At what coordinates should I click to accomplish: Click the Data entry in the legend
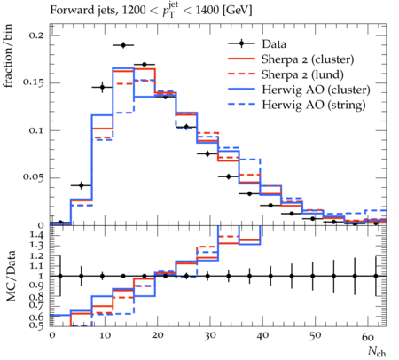pos(274,44)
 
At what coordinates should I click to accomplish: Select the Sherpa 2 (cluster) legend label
pos(308,59)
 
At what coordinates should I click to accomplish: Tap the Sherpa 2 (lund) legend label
pos(302,74)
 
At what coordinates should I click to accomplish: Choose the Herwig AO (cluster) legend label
pos(316,90)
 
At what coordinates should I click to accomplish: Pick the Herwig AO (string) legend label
pos(314,105)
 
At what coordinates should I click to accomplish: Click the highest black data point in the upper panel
pos(123,45)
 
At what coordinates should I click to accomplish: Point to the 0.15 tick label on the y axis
pos(33,82)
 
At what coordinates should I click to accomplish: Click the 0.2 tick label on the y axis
pos(36,35)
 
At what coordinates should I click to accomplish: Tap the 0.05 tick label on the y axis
pos(33,176)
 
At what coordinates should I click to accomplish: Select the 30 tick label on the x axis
pos(209,336)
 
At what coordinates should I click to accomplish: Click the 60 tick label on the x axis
pos(368,337)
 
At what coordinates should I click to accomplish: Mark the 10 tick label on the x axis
pos(105,336)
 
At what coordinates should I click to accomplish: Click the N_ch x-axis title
pos(377,352)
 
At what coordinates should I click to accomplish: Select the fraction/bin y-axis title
pos(8,56)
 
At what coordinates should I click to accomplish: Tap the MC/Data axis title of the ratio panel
pos(11,276)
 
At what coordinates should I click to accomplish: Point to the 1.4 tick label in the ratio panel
pos(36,236)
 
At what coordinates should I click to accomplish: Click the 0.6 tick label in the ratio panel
pos(36,317)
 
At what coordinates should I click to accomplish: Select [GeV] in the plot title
pos(238,11)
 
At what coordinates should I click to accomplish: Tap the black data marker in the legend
pos(241,43)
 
